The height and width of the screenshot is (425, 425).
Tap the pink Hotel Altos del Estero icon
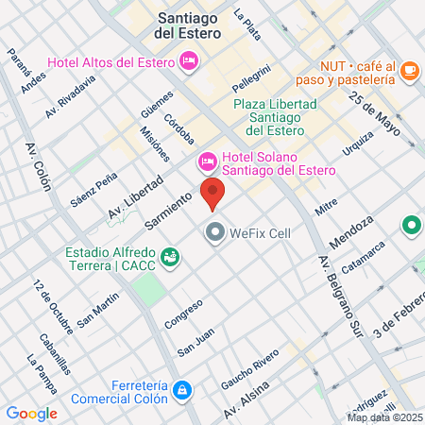pyautogui.click(x=189, y=61)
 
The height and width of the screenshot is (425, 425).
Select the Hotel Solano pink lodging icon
pyautogui.click(x=207, y=161)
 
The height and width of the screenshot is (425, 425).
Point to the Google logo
pyautogui.click(x=31, y=413)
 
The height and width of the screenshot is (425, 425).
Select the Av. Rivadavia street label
pyautogui.click(x=71, y=96)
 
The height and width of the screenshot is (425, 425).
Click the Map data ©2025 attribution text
pyautogui.click(x=385, y=417)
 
